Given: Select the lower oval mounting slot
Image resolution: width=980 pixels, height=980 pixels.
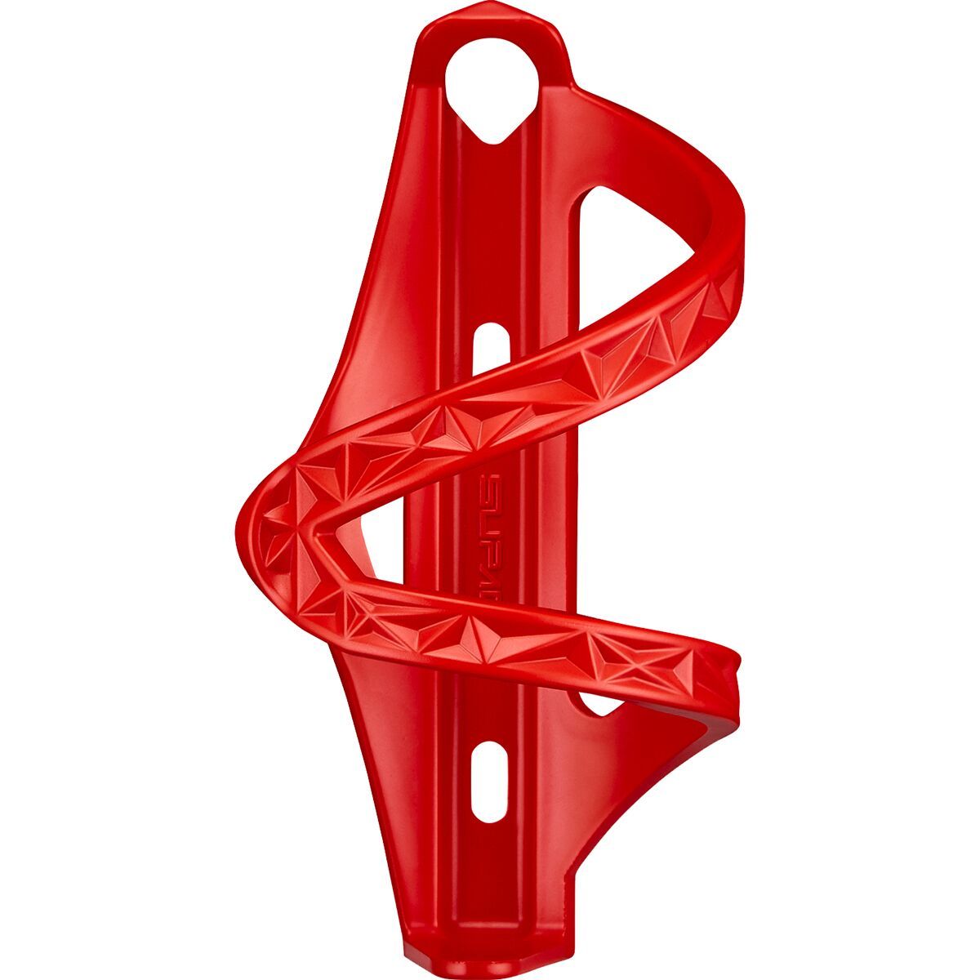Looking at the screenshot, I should pyautogui.click(x=488, y=781).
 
